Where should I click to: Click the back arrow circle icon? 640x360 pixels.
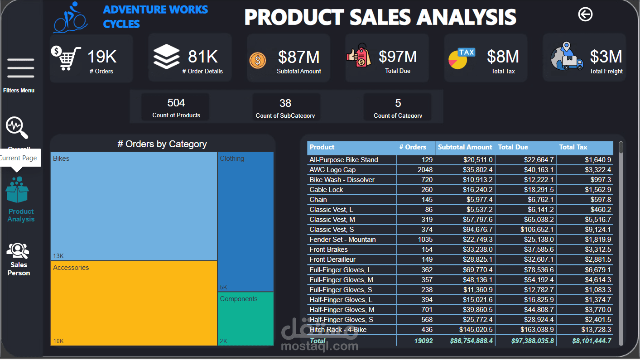point(585,14)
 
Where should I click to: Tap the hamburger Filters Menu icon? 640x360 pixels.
point(21,68)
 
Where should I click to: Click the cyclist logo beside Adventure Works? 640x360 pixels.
point(70,18)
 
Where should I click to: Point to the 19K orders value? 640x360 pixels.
point(102,57)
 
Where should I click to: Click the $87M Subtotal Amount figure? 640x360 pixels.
point(298,57)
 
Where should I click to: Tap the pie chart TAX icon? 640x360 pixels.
point(461,59)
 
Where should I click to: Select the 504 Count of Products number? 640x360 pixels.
point(176,103)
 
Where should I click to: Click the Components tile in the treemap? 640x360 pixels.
point(245,319)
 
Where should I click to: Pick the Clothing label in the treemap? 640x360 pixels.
point(232,158)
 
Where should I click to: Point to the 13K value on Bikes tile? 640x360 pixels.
point(58,255)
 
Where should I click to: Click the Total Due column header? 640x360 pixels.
point(513,147)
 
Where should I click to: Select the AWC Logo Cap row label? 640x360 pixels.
point(332,170)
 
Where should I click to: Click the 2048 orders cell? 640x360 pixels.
point(425,170)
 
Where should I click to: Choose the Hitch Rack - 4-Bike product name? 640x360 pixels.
point(338,330)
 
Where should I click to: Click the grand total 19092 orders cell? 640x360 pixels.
point(423,341)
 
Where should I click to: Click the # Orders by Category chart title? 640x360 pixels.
point(162,144)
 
